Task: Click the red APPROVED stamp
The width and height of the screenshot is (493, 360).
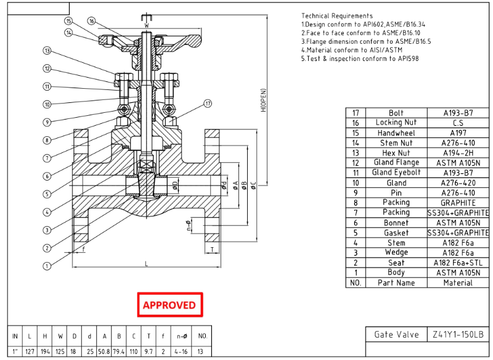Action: [x=169, y=305]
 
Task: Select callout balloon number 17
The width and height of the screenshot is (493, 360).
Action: [x=208, y=103]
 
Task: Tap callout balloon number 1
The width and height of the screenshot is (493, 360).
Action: [x=46, y=266]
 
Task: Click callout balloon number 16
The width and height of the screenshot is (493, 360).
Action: [x=91, y=21]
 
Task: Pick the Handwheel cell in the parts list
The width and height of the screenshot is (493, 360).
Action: [x=396, y=133]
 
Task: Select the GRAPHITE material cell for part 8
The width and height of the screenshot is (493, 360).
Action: [x=458, y=202]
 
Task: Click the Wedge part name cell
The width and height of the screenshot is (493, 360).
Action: [x=396, y=252]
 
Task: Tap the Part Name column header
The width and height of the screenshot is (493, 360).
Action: [x=396, y=282]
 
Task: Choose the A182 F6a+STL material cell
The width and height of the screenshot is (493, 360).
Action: [x=458, y=262]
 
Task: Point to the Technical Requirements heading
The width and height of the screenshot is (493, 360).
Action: [x=336, y=15]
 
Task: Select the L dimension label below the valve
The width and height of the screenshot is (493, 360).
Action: [x=146, y=264]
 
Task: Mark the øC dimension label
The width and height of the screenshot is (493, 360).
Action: [x=253, y=184]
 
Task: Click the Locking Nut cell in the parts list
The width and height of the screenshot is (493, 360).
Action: [x=396, y=123]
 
